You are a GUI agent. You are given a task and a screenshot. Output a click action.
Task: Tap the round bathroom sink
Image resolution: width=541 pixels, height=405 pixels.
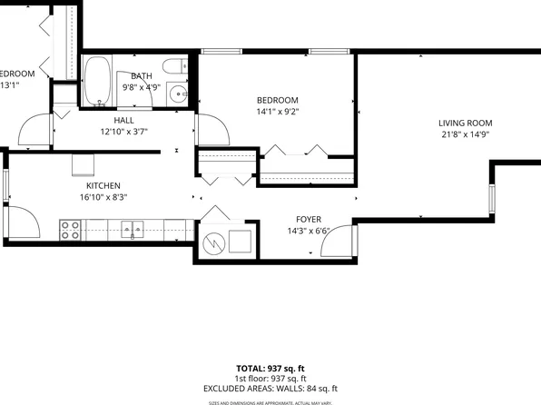tap(182, 94)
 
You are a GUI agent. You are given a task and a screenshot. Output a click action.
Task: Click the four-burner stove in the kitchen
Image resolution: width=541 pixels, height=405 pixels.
tap(70, 230)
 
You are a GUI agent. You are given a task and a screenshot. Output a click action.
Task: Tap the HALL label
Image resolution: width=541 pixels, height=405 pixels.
tap(124, 120)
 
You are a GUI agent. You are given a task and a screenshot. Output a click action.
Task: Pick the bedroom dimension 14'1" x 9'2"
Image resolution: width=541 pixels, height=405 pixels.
tap(277, 112)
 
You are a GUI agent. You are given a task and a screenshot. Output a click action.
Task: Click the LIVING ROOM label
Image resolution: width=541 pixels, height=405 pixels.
tap(465, 123)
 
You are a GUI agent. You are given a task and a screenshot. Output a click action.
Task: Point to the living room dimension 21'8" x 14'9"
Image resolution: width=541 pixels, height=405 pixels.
tap(465, 135)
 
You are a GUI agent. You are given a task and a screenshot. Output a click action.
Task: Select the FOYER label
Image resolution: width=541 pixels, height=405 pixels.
tap(310, 219)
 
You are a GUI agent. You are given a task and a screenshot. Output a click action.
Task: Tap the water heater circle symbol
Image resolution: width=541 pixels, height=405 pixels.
tap(212, 242)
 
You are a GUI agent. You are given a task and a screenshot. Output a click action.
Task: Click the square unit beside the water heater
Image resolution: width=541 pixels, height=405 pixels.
tap(239, 242)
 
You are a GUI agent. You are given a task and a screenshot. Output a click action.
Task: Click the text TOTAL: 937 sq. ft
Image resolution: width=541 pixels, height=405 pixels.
tap(270, 369)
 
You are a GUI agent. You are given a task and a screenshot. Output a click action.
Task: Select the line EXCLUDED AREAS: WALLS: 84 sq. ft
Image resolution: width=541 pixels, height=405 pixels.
tap(270, 388)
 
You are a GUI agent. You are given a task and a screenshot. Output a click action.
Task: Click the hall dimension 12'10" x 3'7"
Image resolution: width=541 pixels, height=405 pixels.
tap(124, 131)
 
